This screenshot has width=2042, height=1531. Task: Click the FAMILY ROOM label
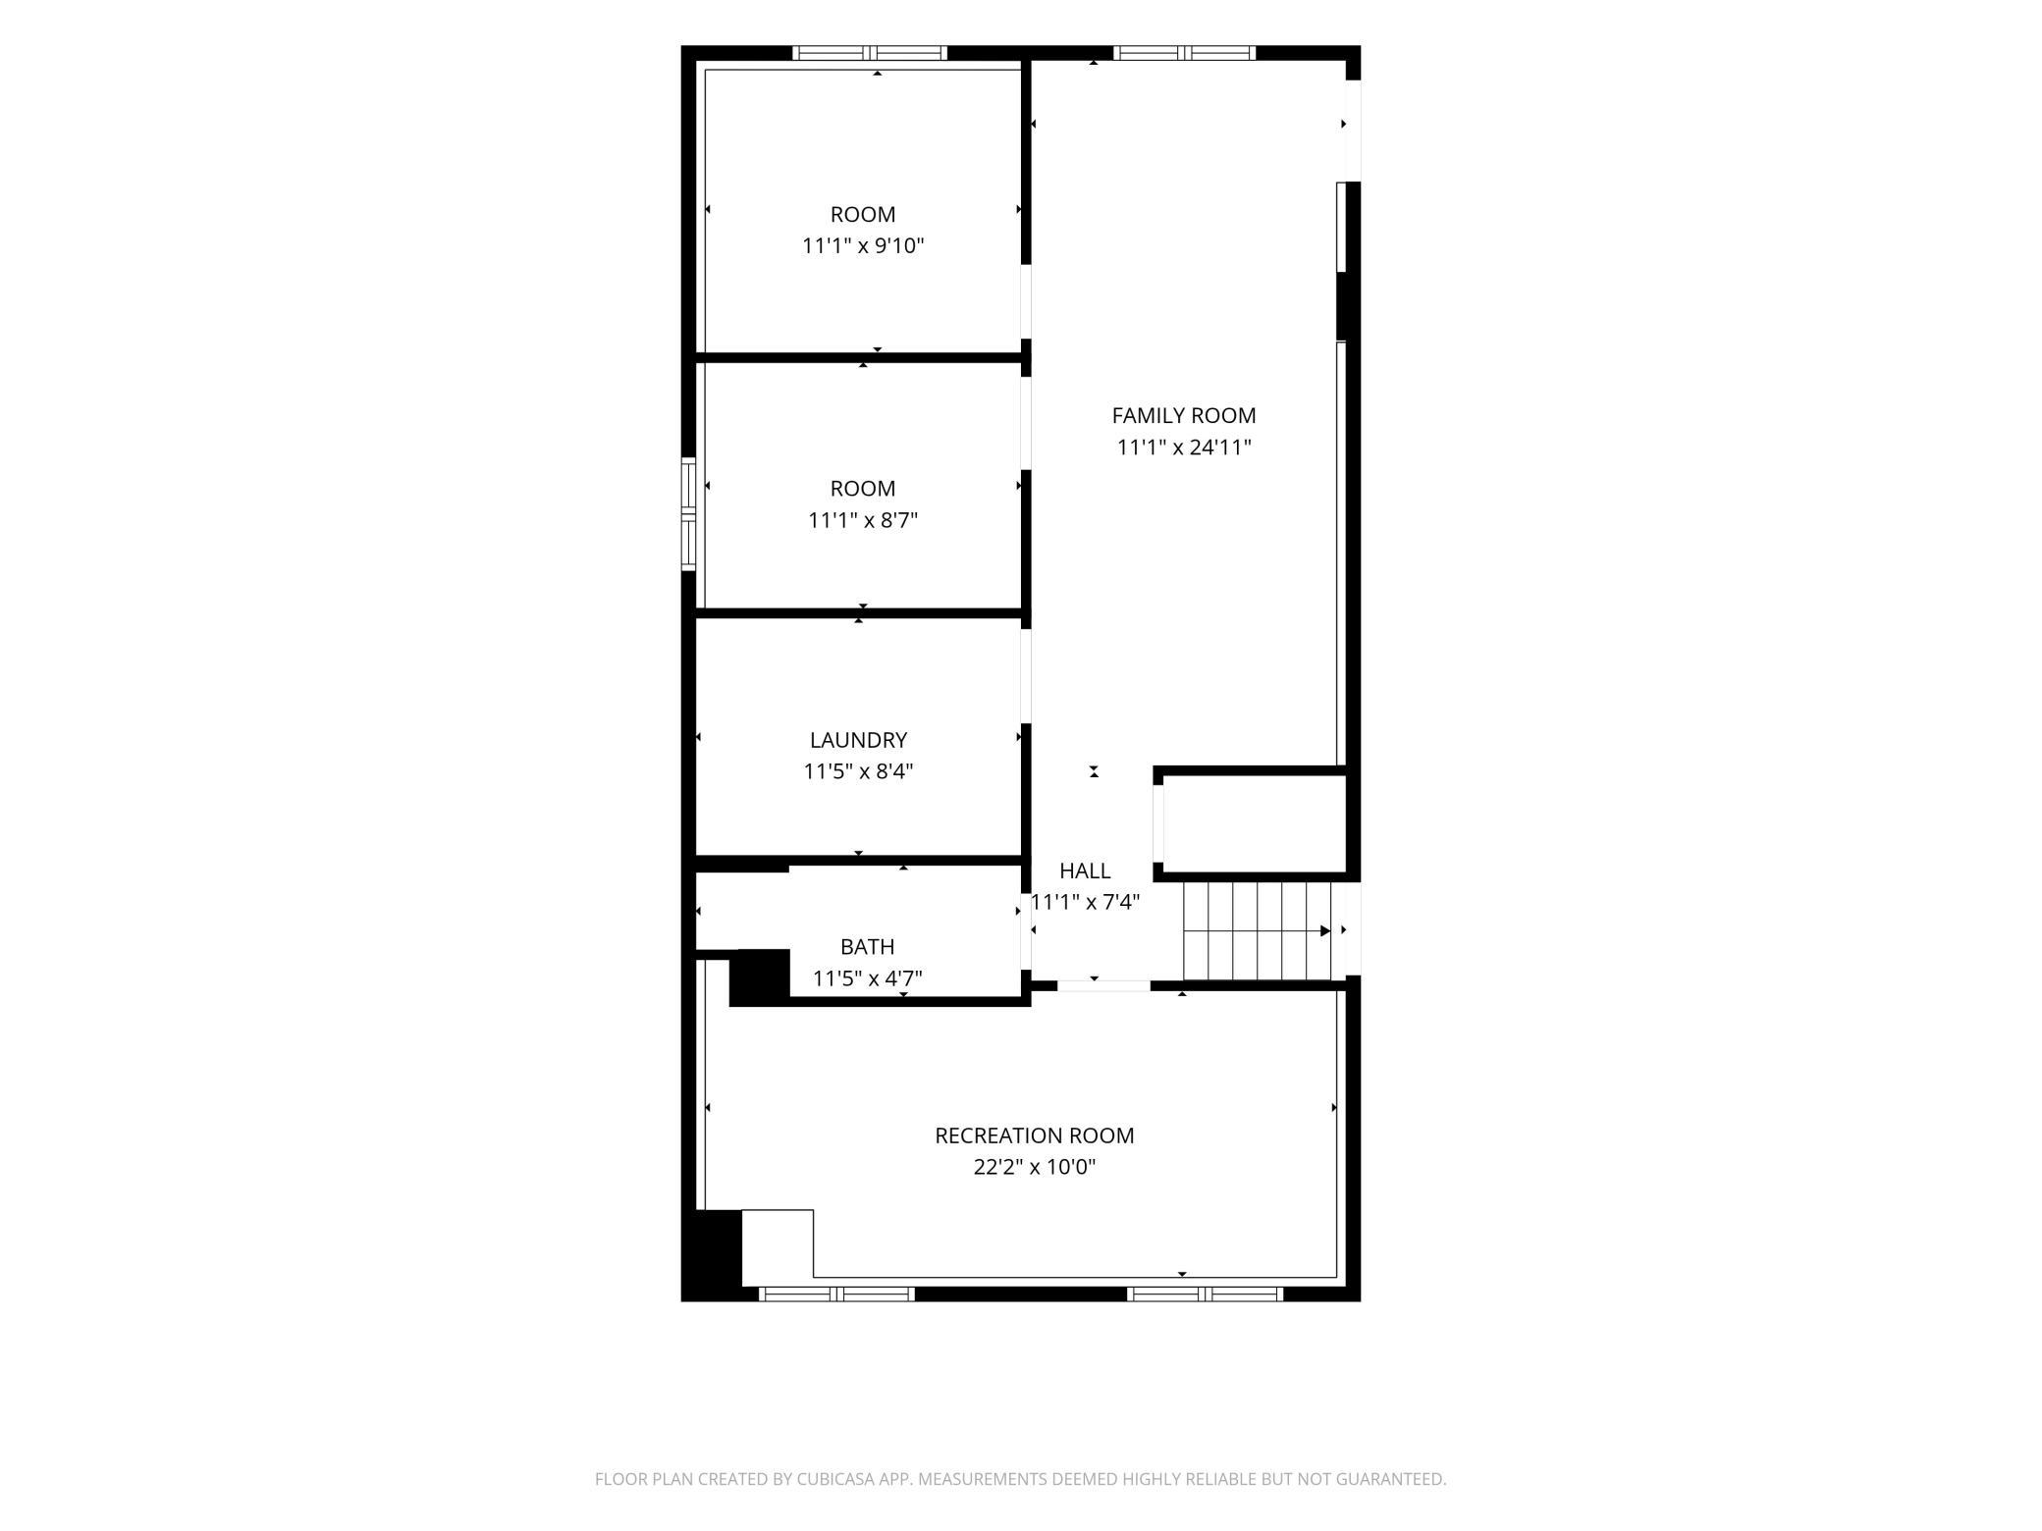[1183, 416]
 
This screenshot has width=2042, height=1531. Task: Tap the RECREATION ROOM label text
[1034, 1135]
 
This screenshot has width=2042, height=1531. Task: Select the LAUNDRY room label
[858, 740]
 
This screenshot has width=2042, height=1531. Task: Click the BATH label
[867, 947]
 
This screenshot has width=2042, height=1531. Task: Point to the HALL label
[1085, 871]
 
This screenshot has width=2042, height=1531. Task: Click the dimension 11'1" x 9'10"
[863, 245]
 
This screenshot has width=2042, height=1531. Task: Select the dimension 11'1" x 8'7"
[863, 520]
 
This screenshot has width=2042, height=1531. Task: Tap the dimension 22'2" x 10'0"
[1034, 1167]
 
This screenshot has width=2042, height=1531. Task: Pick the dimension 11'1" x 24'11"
[1184, 448]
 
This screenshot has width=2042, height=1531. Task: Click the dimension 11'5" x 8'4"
[858, 771]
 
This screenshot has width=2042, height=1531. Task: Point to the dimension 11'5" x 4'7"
[867, 978]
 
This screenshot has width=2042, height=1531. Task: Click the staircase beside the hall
[1258, 930]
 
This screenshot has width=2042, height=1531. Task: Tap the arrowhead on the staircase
[1325, 930]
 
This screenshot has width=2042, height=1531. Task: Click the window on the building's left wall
[688, 513]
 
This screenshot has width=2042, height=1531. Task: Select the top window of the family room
[1183, 53]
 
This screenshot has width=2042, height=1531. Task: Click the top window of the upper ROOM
[870, 53]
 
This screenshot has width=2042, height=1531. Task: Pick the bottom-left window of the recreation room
[837, 1293]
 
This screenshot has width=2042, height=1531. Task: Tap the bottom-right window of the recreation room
[1206, 1293]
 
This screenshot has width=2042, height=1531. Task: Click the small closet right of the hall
[1254, 822]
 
